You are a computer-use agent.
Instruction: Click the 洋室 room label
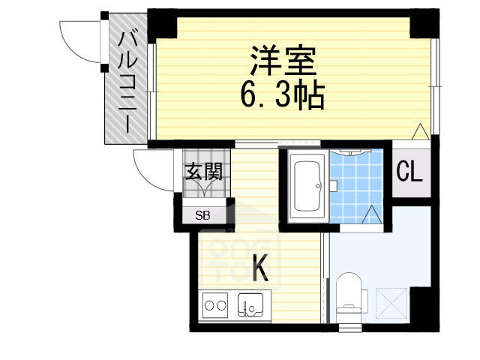pos(283,61)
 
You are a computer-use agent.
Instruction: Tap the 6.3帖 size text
pos(283,94)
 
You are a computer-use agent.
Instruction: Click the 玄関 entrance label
pos(203,172)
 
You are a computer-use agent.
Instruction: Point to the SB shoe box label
pos(202,215)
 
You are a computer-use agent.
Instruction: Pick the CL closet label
pos(409,172)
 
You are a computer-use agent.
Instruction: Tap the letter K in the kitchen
pos(260,268)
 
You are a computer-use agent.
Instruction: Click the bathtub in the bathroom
pos(307,186)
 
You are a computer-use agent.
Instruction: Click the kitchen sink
pos(250,304)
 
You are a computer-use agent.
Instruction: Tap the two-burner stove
pos(215,305)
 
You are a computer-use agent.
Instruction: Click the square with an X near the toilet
pos(391,303)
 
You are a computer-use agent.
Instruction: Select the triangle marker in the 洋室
pos(420,131)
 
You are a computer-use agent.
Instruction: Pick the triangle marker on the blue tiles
pos(372,214)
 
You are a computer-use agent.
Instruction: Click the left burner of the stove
pos(209,305)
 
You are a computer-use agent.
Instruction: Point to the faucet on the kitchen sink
pos(246,307)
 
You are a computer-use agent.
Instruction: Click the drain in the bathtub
pos(319,185)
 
